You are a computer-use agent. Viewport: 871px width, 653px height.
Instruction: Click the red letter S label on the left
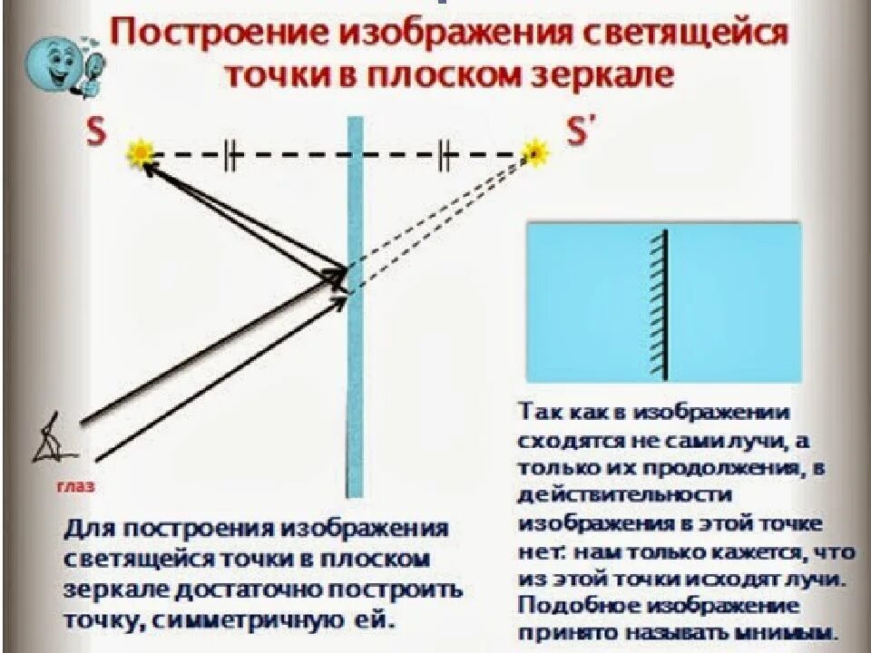(95, 132)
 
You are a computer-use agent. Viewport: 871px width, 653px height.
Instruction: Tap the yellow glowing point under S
(141, 153)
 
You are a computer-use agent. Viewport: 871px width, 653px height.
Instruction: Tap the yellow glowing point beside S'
(536, 151)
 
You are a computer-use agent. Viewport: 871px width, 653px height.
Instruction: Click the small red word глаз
(75, 487)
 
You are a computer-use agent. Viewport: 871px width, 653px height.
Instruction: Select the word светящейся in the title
(681, 37)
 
